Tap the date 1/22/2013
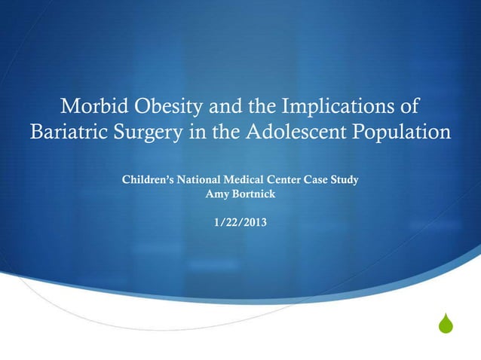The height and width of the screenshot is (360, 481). [240, 222]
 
